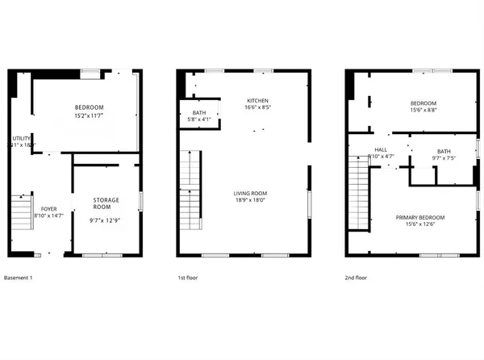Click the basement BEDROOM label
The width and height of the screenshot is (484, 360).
tap(90, 108)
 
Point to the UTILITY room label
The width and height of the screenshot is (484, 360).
tap(22, 138)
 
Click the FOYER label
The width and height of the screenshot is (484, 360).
tap(48, 208)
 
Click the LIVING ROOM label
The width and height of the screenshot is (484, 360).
tap(250, 194)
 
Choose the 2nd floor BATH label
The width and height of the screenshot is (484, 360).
tap(444, 151)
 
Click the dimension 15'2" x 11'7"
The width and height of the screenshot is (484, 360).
tap(90, 117)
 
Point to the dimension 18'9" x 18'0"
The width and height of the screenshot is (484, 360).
tap(250, 202)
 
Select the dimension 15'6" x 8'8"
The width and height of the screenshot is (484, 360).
tap(423, 111)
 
